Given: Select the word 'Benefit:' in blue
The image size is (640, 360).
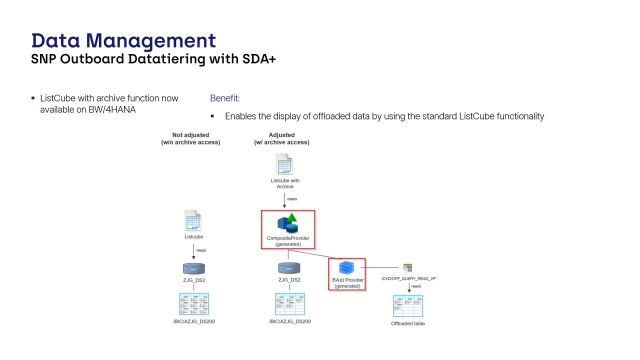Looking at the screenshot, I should point(226,100).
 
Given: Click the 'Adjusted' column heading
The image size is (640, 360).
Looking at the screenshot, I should point(283,133).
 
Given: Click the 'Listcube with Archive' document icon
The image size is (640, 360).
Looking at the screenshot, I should point(284,164).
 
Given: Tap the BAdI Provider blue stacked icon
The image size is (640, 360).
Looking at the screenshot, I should point(347,267).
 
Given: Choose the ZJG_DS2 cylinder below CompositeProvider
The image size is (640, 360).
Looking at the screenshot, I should point(289,268).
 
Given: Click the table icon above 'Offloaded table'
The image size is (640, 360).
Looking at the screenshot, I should point(408,304).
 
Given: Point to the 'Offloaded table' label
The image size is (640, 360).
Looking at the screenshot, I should point(408,324).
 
